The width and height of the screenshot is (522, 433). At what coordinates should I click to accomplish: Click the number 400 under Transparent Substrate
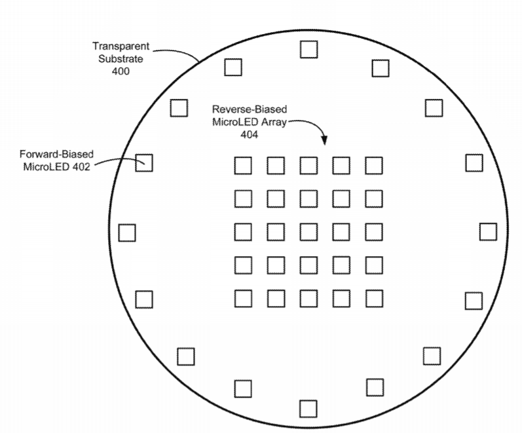(121, 71)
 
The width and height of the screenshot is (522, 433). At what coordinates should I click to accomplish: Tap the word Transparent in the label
(121, 46)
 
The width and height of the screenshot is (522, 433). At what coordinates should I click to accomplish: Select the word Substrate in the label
(121, 58)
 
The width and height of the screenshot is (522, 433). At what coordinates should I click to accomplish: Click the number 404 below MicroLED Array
(250, 134)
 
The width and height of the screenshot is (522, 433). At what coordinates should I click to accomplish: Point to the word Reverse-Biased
(250, 109)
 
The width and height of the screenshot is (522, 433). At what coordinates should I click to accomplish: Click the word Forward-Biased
(56, 154)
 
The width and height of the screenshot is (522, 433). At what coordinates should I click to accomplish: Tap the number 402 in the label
(81, 166)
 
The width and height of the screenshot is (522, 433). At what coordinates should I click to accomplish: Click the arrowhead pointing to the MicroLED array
(324, 140)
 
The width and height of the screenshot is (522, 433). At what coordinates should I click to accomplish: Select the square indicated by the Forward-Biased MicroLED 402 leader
(144, 163)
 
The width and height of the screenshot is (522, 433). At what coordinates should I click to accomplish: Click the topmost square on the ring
(308, 49)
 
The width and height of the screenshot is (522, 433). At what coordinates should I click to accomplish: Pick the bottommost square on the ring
(308, 409)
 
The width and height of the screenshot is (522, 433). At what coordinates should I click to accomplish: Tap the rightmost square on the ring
(488, 232)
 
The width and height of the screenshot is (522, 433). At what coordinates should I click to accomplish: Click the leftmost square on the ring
(127, 233)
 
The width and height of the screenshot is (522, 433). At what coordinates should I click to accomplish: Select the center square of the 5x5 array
(308, 232)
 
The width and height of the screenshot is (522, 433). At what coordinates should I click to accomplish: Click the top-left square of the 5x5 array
(243, 166)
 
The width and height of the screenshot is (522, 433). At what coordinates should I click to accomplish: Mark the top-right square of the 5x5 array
(374, 166)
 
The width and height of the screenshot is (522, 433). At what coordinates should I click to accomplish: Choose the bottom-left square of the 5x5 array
(243, 299)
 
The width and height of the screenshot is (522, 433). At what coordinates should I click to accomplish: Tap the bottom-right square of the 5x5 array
(374, 299)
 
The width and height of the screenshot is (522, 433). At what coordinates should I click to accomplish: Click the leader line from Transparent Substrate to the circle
(177, 53)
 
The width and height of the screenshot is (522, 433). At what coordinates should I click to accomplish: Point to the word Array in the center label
(274, 122)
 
